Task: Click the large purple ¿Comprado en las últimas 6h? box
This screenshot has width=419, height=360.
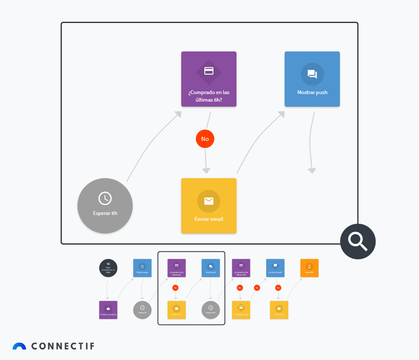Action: pyautogui.click(x=208, y=79)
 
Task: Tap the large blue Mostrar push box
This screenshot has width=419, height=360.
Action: pyautogui.click(x=312, y=79)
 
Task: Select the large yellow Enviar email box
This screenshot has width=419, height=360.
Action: pyautogui.click(x=208, y=206)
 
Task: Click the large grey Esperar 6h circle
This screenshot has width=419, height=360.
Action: pyautogui.click(x=105, y=205)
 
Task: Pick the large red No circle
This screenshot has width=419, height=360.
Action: pyautogui.click(x=205, y=139)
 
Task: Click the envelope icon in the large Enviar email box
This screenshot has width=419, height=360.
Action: pyautogui.click(x=208, y=201)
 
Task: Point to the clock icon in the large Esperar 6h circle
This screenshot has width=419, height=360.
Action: pyautogui.click(x=105, y=199)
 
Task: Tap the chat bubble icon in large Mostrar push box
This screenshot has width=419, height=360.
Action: pyautogui.click(x=312, y=74)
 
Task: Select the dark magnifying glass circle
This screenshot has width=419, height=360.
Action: pyautogui.click(x=358, y=241)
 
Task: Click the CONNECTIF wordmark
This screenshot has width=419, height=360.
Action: pyautogui.click(x=62, y=346)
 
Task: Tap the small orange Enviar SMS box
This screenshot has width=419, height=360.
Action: pyautogui.click(x=309, y=268)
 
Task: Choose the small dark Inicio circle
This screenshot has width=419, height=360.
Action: pyautogui.click(x=108, y=268)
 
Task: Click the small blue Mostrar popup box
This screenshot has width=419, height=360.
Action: pyautogui.click(x=142, y=268)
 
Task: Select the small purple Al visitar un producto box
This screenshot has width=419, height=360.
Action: pyautogui.click(x=108, y=310)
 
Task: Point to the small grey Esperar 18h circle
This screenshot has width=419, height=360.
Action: pyautogui.click(x=211, y=310)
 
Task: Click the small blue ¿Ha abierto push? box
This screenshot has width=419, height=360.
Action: pyautogui.click(x=275, y=268)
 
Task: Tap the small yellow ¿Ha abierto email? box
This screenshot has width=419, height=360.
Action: pyautogui.click(x=241, y=310)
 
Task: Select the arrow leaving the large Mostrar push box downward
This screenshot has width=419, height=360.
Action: pyautogui.click(x=311, y=142)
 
